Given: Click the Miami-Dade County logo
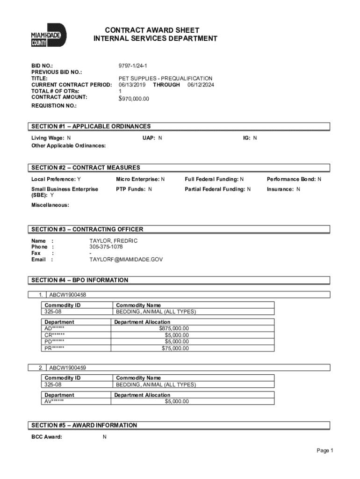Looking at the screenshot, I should coord(49,35).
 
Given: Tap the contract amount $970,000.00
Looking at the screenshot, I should coord(134,99).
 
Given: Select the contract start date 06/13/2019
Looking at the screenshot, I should coord(132,85).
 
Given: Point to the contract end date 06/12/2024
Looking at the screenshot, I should coord(201,85).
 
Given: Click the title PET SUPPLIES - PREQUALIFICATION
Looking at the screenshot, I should coord(165,79).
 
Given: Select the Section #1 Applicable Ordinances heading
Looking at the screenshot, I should coord(91,126).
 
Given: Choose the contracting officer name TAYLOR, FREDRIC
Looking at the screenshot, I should coord(114,241).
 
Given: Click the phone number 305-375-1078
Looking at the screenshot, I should coord(106,247).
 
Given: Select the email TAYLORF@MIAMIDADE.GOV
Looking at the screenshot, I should coord(126,259).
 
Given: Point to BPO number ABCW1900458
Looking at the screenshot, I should coord(67,295).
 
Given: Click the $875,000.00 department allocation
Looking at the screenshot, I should coord(174,328).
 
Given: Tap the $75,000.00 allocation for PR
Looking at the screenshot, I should coord(175,348).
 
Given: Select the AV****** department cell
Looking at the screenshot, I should coord(54,401).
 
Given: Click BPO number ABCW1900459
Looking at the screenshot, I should coord(67,368).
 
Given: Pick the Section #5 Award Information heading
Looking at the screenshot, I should coord(84,425).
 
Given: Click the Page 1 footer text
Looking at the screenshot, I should coord(324,450).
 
